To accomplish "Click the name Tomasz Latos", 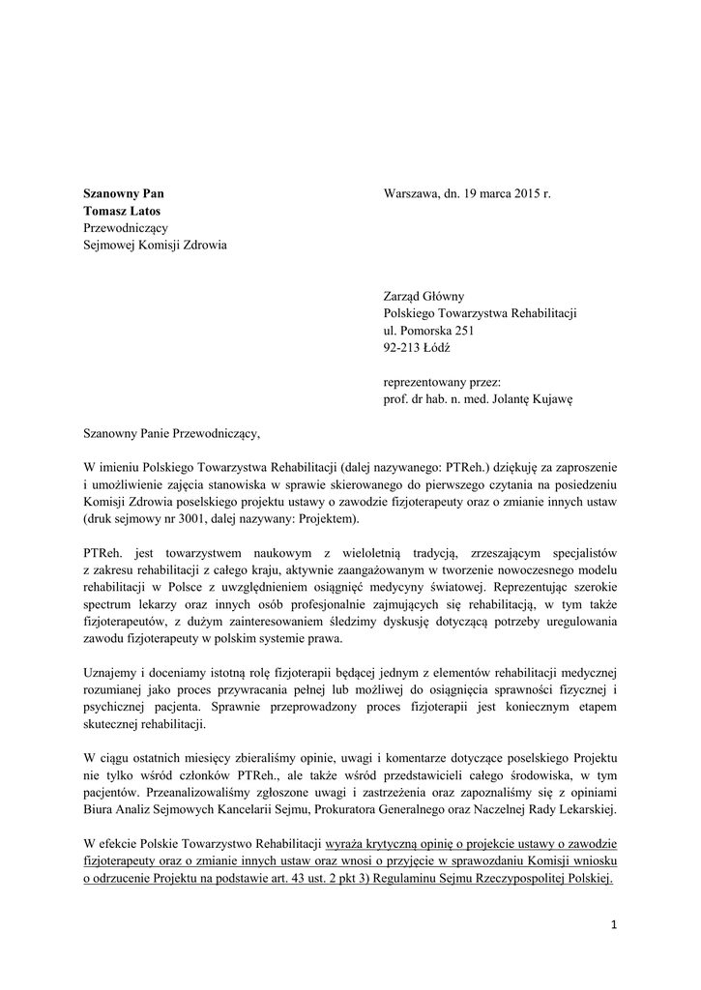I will point(122,210).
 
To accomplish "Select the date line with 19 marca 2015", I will point(467,193).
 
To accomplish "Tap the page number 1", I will point(613,924).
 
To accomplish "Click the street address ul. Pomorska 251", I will point(429,330).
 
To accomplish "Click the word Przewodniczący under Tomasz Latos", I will point(127,227).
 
